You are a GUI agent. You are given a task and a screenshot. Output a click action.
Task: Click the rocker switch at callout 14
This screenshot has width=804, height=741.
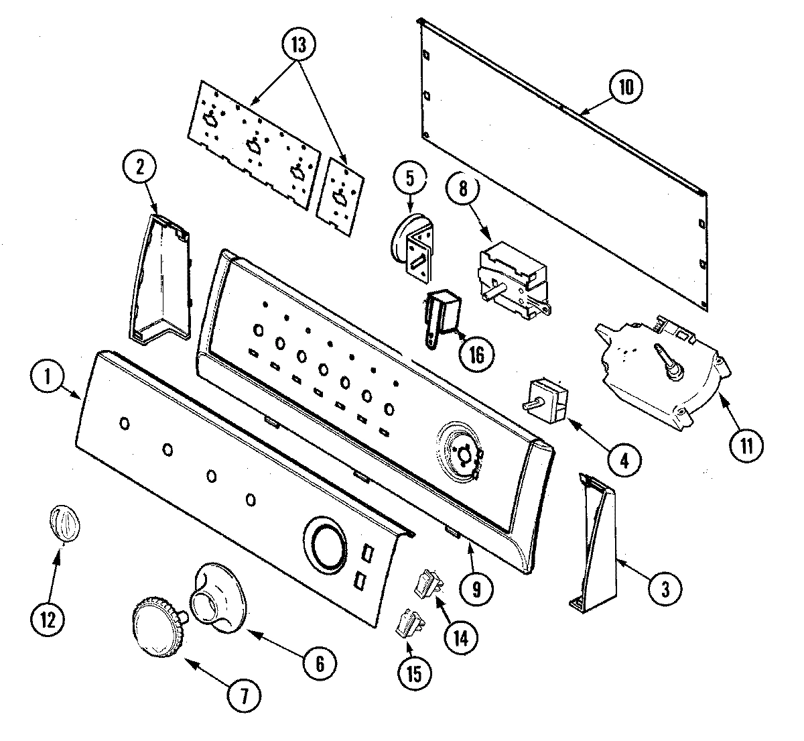point(425,582)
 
